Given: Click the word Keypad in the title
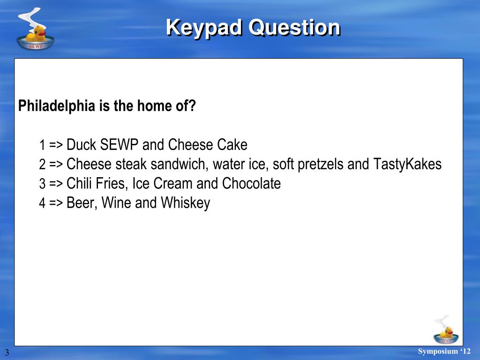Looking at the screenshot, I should point(204,27).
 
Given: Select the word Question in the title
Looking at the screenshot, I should point(294,27).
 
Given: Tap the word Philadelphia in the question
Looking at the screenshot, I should point(57,106).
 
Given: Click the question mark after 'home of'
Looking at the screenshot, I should point(192,106).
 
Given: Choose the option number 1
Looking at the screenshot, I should point(42,145).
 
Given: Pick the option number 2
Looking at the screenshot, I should point(42,165).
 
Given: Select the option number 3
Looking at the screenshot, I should point(42,184).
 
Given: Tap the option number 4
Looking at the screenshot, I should point(42,204).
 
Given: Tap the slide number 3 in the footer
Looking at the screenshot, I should point(7,352).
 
